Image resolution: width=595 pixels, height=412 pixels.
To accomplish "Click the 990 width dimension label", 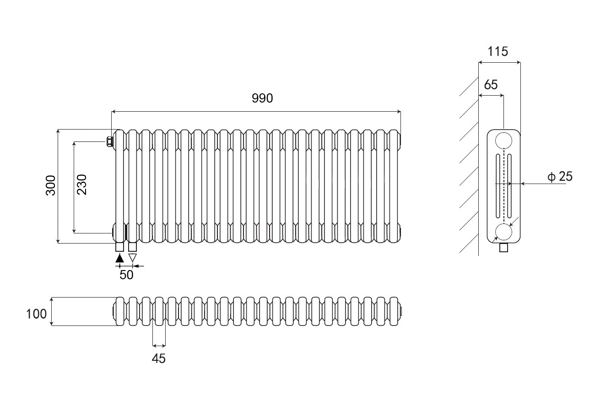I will coord(263,98).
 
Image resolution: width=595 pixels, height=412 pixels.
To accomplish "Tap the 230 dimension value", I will coord(81,184).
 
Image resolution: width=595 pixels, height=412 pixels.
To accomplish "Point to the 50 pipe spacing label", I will coord(126,275).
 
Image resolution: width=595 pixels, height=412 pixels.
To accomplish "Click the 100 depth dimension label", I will coord(37,314).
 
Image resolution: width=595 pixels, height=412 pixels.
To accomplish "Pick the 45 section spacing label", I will coord(158,358).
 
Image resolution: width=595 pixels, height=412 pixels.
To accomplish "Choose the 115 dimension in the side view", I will coord(498,52).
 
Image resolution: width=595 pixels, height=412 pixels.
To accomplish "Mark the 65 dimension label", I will coord(490,85).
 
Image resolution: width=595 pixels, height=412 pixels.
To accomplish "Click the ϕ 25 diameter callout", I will coord(560,177).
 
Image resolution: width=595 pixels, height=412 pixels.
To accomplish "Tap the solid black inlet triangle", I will coord(120,258).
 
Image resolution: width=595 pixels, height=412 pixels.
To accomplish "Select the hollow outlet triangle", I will coord(133,258).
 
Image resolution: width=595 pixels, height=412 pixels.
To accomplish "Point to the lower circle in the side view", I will coord(504,232).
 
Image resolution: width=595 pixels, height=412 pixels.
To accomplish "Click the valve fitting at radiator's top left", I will coord(110,141).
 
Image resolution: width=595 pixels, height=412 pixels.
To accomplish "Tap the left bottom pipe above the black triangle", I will coord(120,247).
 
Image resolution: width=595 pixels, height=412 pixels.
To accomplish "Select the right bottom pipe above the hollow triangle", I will coord(133,247).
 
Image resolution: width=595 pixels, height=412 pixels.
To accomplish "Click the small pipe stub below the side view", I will coord(504,248).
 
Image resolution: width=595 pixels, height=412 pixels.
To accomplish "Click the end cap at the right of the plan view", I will coord(401,312).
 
